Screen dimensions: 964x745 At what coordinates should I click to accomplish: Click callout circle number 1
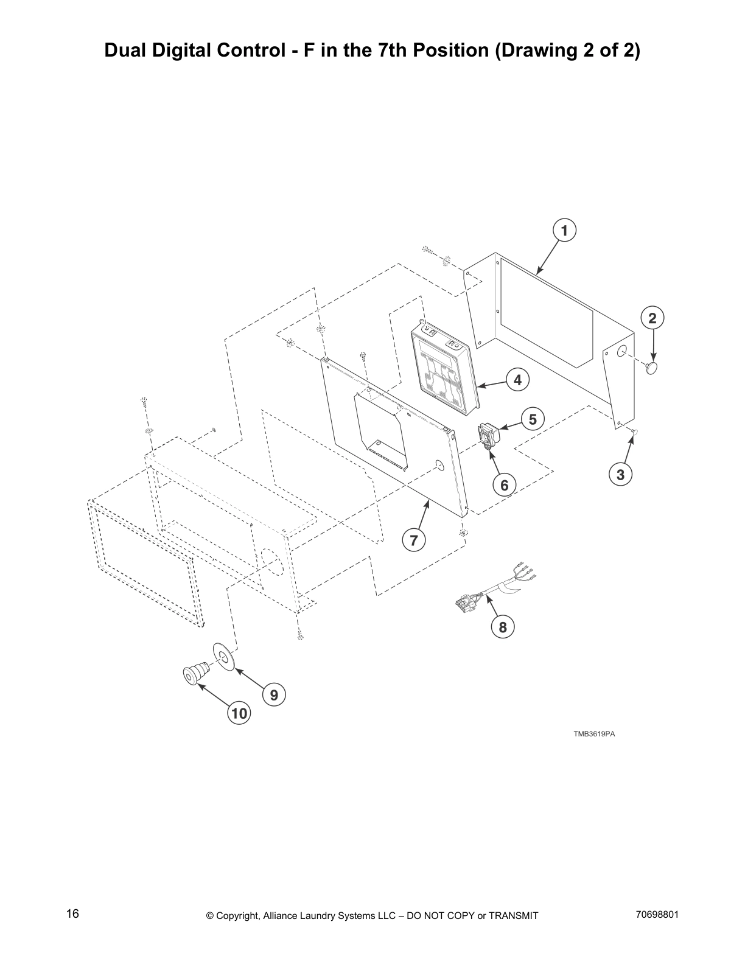[x=564, y=231]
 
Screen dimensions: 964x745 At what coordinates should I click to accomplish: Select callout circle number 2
[x=652, y=318]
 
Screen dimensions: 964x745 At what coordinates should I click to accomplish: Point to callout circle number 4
[x=517, y=380]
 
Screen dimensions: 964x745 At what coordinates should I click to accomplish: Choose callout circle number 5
[x=533, y=419]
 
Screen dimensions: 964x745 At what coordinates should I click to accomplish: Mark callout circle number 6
[x=504, y=485]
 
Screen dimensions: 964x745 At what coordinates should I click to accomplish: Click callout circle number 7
[x=414, y=540]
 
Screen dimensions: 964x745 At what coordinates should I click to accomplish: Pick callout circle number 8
[x=503, y=627]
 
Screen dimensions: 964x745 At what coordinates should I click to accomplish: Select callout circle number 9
[x=274, y=694]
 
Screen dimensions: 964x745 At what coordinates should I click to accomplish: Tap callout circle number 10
[x=240, y=713]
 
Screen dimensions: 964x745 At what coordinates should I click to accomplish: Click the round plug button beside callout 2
[x=653, y=368]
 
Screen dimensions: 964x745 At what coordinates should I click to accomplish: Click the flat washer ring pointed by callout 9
[x=223, y=656]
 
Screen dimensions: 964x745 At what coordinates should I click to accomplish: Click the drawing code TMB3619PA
[x=593, y=734]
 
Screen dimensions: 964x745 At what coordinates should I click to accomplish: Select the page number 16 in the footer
[x=73, y=914]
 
